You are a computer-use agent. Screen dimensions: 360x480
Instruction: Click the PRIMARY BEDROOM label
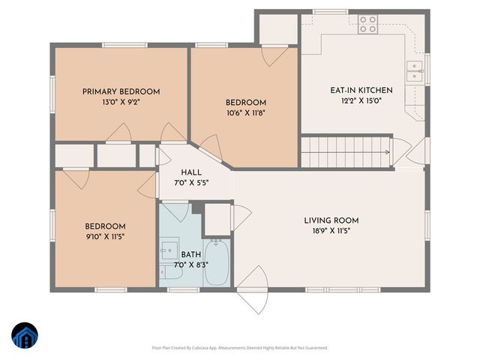pyautogui.click(x=121, y=91)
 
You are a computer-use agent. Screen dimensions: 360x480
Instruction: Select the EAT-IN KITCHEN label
pyautogui.click(x=361, y=90)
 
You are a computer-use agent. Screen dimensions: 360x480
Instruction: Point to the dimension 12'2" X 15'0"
pyautogui.click(x=361, y=100)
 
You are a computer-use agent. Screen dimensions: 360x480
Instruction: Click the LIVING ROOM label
pyautogui.click(x=331, y=220)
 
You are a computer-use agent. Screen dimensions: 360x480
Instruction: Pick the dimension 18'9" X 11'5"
pyautogui.click(x=331, y=231)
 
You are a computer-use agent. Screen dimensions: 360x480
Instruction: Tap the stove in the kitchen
pyautogui.click(x=367, y=25)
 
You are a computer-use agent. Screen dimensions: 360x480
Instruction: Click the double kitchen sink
pyautogui.click(x=413, y=72)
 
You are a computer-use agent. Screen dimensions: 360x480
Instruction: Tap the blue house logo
pyautogui.click(x=25, y=335)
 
